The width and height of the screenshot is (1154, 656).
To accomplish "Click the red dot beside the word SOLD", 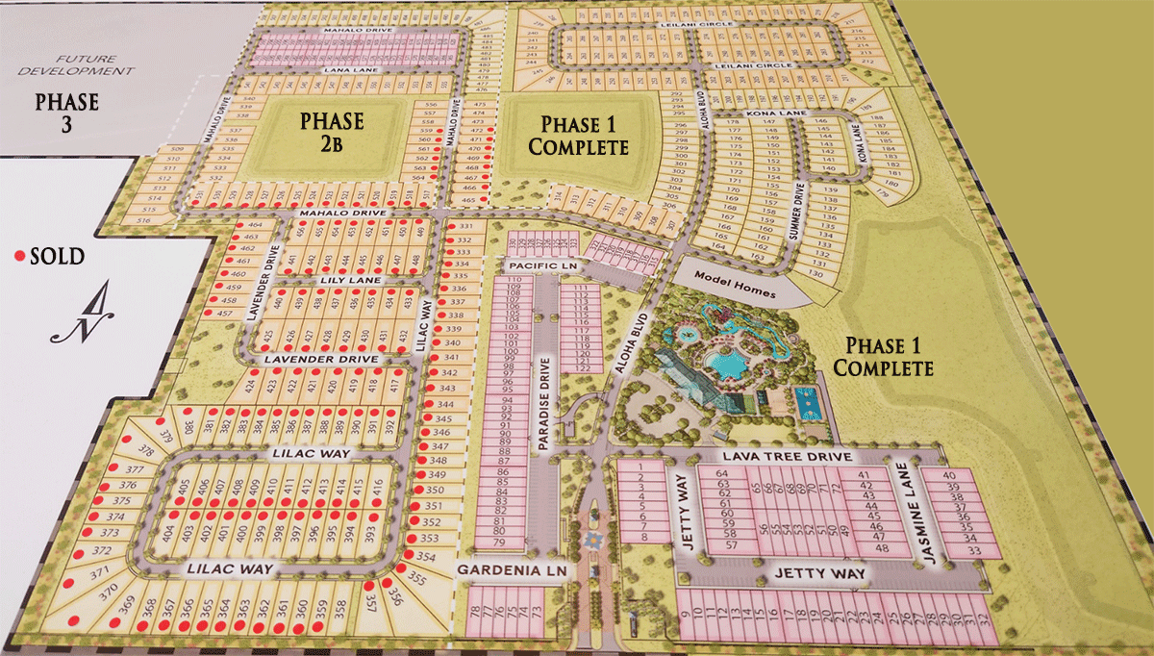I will click(x=19, y=257).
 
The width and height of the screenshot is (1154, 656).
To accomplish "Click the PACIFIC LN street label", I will click(x=543, y=264).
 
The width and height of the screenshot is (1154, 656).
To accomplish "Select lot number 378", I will click(x=147, y=450).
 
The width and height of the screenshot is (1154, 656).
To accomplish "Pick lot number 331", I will click(x=464, y=226).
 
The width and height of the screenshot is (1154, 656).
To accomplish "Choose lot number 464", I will click(x=253, y=224).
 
